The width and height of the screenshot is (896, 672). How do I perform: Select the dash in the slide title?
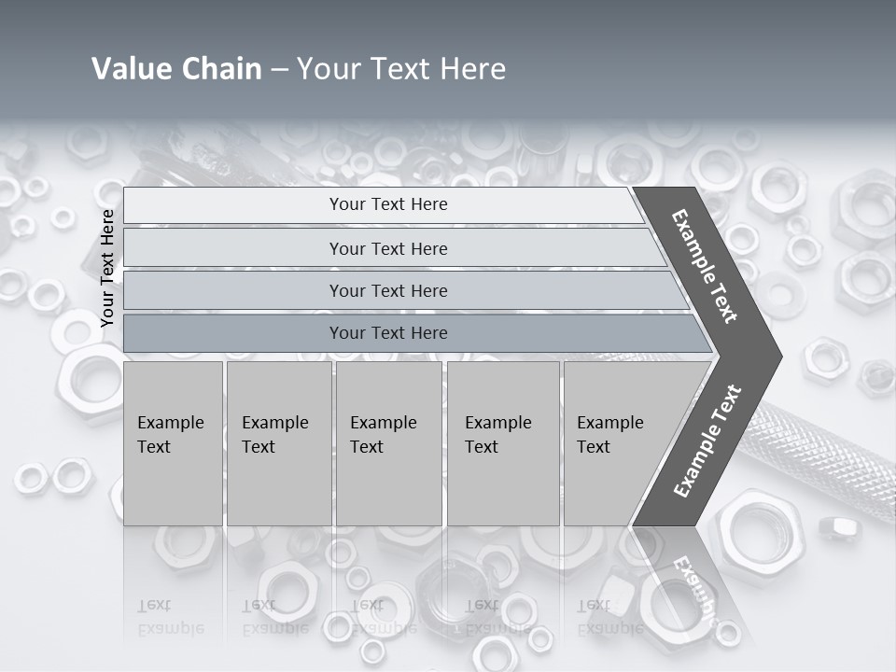tap(279, 70)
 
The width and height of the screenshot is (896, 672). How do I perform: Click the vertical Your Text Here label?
tap(107, 268)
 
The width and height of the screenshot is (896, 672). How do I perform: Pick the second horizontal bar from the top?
tap(387, 248)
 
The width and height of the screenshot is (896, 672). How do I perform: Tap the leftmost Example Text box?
tap(173, 443)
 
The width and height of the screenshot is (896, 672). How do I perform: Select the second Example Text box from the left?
tap(278, 443)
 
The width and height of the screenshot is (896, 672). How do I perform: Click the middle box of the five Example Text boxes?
tap(388, 443)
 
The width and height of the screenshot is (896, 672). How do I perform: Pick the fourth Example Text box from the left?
tap(503, 443)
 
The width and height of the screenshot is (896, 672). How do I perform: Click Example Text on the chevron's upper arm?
tap(705, 266)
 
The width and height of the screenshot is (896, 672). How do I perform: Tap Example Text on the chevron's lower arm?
tap(707, 441)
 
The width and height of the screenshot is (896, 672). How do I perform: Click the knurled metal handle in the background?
tap(821, 448)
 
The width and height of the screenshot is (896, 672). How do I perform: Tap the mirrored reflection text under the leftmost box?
tap(170, 617)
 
